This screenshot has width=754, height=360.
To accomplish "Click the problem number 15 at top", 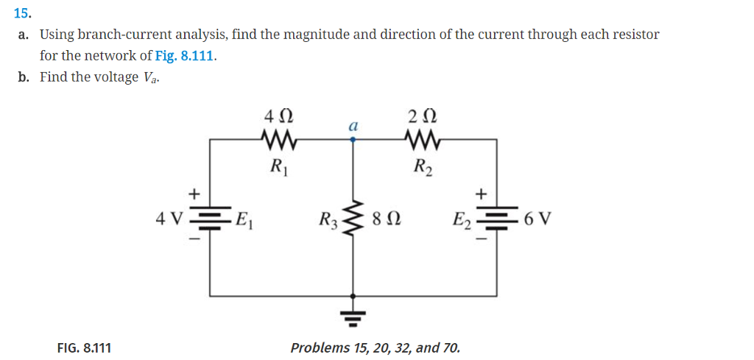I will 22,12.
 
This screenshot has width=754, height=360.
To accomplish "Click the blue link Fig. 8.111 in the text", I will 186,55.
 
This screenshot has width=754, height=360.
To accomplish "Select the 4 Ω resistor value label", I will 279,116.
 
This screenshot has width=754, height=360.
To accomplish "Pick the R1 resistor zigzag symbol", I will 279,138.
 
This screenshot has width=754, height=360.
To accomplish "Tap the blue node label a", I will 353,127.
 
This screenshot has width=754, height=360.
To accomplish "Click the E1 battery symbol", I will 211,219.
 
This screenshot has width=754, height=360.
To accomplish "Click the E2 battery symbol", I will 496,219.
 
